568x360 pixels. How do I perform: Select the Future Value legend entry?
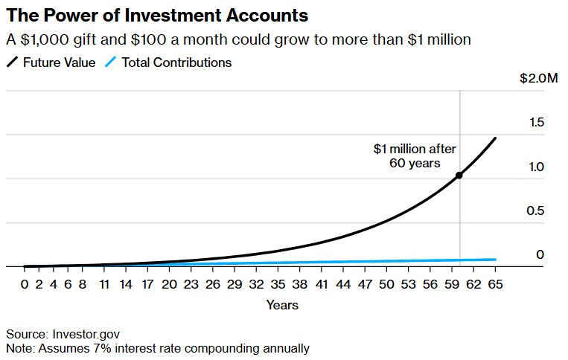click(52, 62)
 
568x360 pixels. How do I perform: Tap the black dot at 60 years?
click(459, 176)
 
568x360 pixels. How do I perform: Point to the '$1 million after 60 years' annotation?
click(414, 155)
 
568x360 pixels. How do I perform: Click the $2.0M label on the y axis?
click(539, 78)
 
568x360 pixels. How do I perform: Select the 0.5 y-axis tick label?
click(536, 210)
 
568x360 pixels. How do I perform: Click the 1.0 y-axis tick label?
click(536, 167)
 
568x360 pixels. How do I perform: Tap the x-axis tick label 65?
click(495, 284)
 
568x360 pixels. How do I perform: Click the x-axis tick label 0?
click(25, 284)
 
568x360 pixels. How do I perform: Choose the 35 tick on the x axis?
click(278, 284)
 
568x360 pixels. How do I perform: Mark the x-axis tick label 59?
click(452, 284)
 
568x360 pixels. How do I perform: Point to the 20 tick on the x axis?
click(169, 284)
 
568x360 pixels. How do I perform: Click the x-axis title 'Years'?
click(282, 305)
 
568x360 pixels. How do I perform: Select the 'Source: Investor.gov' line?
click(63, 334)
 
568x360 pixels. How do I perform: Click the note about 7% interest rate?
click(157, 347)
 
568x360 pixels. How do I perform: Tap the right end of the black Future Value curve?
click(495, 138)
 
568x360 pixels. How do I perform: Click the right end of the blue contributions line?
click(495, 260)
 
